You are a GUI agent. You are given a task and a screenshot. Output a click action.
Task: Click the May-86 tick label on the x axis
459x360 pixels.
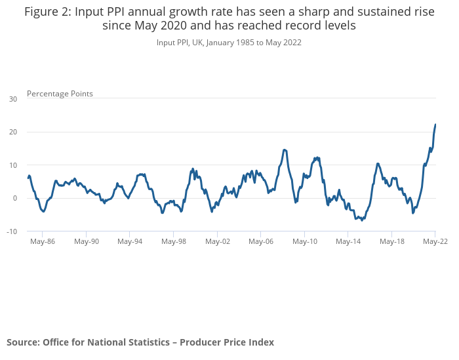43,241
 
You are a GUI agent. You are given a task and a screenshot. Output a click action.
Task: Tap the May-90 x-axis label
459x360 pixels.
87,241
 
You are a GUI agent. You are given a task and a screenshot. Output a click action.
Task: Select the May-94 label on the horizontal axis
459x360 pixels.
130,241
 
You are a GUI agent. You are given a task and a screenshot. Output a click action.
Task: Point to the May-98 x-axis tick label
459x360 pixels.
174,241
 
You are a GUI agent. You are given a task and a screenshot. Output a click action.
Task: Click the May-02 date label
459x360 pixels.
218,241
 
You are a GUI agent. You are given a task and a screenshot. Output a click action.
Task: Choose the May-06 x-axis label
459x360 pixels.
261,241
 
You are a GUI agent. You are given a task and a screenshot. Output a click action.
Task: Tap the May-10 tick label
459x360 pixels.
305,241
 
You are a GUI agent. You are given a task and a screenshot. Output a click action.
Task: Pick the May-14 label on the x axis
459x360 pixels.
348,241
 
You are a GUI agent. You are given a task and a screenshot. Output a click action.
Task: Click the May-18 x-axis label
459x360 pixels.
392,241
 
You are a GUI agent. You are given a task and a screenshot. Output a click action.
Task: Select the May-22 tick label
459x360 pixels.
435,241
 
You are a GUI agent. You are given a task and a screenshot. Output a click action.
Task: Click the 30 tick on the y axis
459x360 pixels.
13,99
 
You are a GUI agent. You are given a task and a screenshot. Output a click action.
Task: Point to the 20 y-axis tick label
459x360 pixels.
13,132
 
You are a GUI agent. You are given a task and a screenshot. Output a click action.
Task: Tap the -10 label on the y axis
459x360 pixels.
12,231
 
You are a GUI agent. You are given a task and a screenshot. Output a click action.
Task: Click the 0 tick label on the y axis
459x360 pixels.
15,198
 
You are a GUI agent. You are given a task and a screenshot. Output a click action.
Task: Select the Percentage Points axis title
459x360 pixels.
60,94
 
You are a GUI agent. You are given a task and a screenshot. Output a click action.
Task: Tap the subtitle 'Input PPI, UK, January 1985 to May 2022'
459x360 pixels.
229,43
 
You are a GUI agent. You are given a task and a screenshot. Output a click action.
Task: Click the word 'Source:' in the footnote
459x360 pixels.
23,342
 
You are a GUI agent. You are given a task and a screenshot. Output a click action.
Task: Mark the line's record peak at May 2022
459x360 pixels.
435,125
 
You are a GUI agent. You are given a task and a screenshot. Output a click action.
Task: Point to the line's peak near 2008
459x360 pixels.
285,150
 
